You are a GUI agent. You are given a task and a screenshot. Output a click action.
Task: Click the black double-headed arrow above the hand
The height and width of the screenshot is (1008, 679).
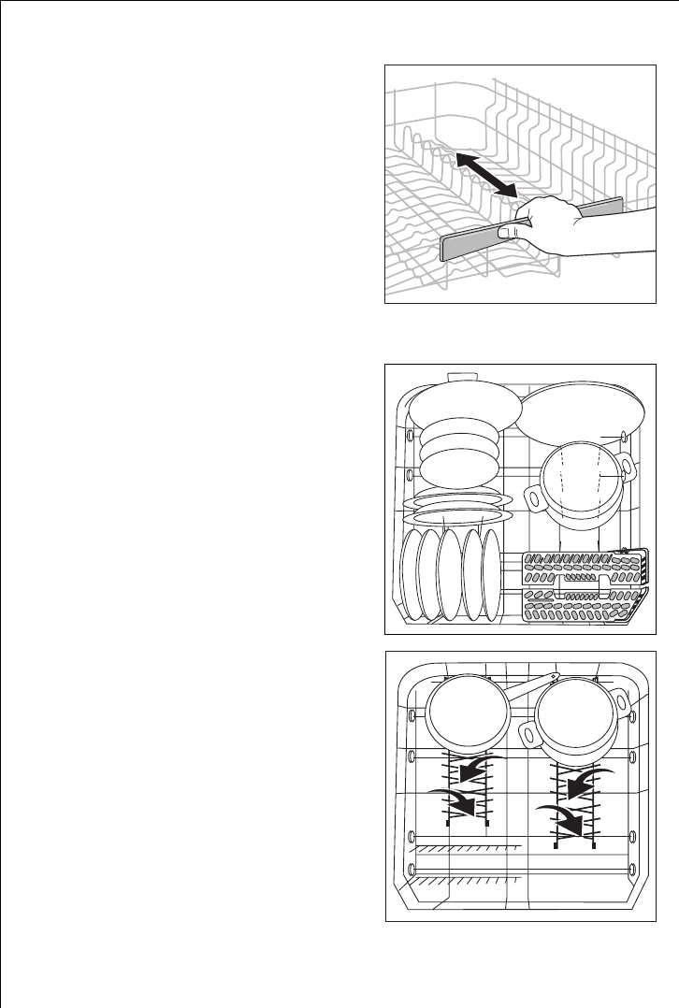click(x=484, y=175)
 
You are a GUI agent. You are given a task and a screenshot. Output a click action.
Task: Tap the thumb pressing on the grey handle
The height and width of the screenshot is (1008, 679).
click(x=509, y=229)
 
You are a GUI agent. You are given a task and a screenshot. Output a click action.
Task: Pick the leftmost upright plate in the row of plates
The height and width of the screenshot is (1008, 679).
click(x=409, y=572)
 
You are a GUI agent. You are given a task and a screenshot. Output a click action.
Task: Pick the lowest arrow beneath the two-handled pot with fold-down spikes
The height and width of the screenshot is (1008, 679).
click(x=566, y=820)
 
